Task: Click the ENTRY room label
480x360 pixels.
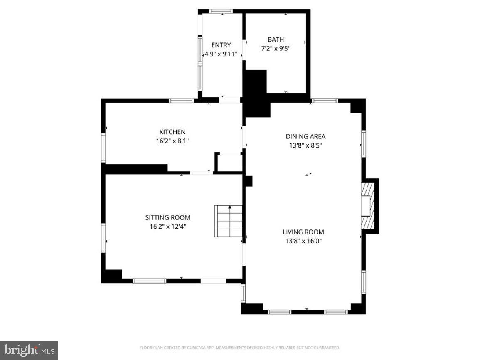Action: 221,45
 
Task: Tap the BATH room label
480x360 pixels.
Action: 276,39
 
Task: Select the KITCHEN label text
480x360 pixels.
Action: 172,132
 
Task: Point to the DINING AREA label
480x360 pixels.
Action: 305,136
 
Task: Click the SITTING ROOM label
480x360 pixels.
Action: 167,217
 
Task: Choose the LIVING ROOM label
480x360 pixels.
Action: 303,232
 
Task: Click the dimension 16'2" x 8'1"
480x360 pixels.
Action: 172,141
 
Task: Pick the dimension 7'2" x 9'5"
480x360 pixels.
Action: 276,48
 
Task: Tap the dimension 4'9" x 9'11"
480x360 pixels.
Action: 221,54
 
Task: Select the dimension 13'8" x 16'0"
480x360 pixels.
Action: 303,241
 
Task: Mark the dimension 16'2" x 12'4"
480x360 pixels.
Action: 167,227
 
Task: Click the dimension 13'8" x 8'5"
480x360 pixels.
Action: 305,145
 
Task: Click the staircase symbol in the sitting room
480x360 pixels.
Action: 229,221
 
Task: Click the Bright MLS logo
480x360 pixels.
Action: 29,350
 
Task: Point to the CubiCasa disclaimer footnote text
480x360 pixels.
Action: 240,348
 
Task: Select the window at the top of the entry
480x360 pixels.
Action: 221,11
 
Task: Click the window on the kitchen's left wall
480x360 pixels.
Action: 103,148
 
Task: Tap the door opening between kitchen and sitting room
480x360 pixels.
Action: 201,172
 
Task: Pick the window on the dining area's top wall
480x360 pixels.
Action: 325,100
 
